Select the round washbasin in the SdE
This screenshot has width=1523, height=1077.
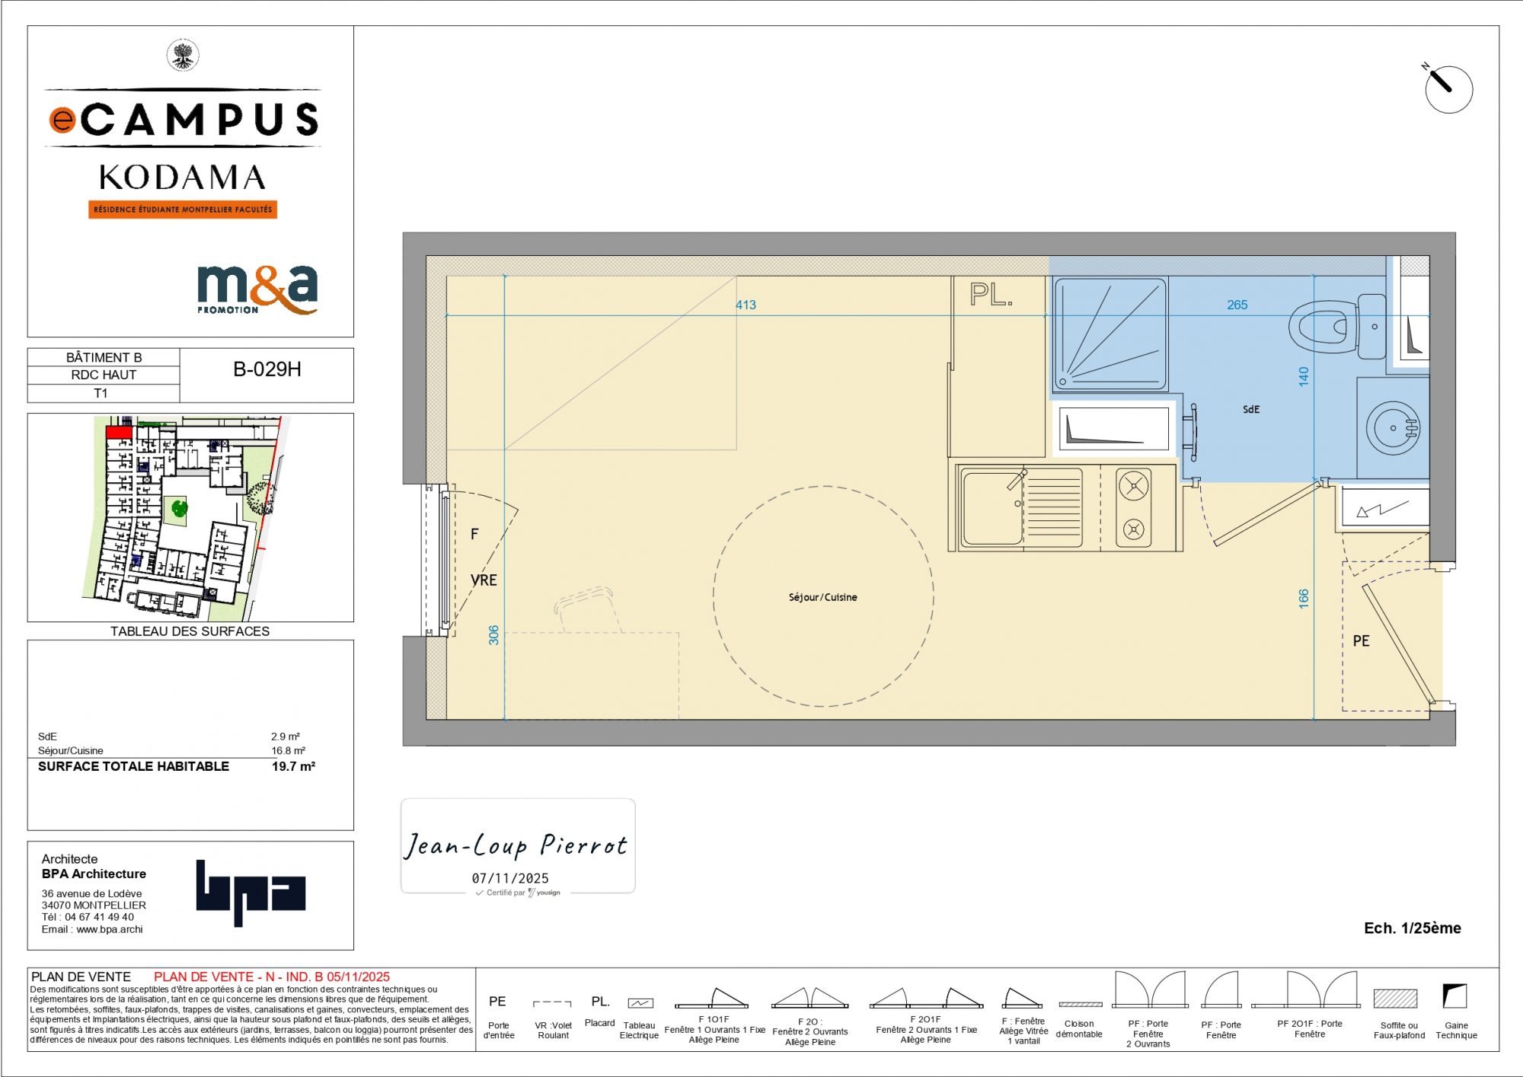(x=1393, y=428)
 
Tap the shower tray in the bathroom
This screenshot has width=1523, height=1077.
(x=1110, y=334)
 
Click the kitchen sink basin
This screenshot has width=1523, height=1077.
(x=992, y=508)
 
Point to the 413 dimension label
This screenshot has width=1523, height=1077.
(x=746, y=305)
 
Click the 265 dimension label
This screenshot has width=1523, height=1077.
(x=1237, y=305)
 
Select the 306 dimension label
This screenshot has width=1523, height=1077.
(x=493, y=635)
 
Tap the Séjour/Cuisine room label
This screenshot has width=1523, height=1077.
(x=822, y=597)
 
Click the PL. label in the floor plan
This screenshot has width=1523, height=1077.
(x=991, y=295)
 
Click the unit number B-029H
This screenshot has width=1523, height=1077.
(x=267, y=369)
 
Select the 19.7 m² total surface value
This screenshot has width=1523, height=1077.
(x=293, y=766)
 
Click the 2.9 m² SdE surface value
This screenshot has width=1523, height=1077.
(x=286, y=737)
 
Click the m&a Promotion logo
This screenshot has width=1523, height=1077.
(x=257, y=289)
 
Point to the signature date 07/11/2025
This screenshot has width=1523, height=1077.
(x=510, y=878)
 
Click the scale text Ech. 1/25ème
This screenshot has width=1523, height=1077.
(x=1413, y=928)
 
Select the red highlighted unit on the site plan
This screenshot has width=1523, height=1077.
(x=118, y=433)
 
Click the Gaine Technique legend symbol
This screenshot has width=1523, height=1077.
(x=1454, y=996)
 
